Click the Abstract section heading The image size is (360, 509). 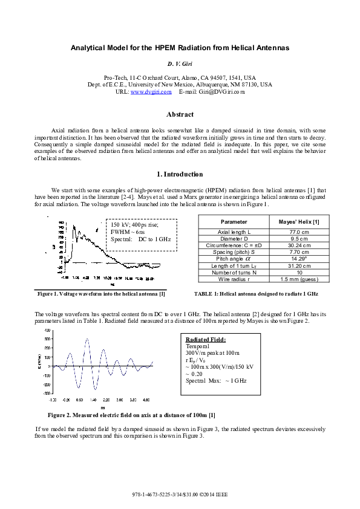[x=180, y=114]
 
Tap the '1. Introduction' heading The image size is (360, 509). [x=180, y=174]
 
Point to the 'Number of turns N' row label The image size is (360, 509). [x=234, y=272]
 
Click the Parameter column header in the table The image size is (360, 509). [x=234, y=222]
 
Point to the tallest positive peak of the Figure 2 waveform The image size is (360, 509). [x=87, y=340]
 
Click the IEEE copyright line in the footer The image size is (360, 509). [x=180, y=494]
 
